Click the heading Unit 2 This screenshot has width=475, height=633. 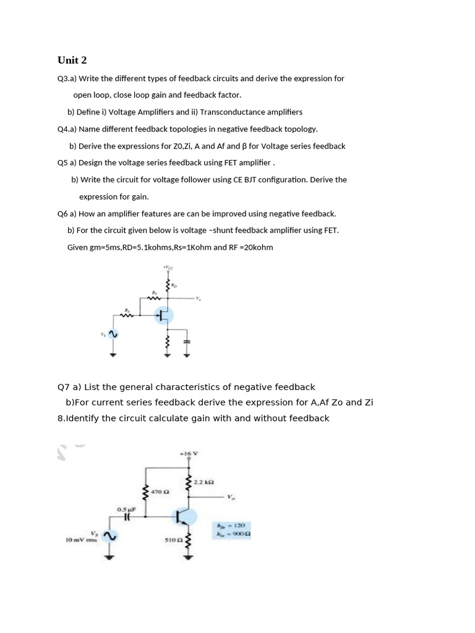click(x=72, y=60)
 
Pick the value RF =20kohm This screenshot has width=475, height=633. click(x=250, y=247)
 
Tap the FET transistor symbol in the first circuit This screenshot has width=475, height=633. click(x=164, y=316)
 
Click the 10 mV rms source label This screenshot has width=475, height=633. click(x=78, y=540)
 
